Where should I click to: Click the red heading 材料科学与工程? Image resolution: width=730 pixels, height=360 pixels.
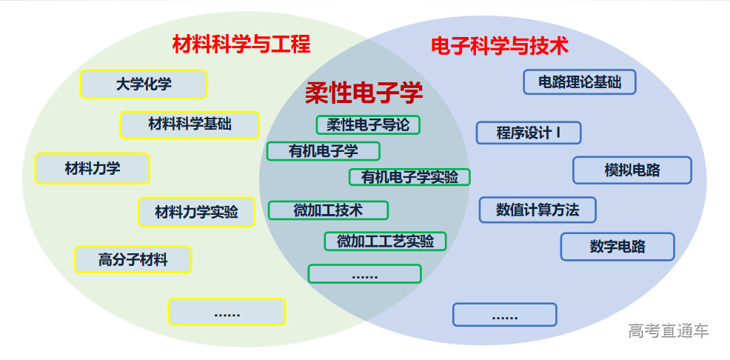tap(241, 44)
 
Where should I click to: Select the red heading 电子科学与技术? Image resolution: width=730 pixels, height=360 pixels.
tap(500, 46)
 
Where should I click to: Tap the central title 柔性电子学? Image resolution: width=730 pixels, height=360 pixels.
tap(364, 93)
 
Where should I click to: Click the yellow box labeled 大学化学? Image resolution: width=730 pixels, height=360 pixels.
tap(144, 84)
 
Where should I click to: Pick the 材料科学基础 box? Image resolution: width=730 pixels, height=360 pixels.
tap(190, 124)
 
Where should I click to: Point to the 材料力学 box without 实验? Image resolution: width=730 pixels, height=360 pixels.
tap(93, 168)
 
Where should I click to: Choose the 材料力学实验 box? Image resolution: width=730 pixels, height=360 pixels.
tap(196, 212)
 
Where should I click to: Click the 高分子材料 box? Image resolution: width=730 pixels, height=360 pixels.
tap(133, 259)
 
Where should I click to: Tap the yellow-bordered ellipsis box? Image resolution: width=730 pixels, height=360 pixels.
tap(227, 312)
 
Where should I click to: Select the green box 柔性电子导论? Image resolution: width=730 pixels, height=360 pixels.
tap(368, 124)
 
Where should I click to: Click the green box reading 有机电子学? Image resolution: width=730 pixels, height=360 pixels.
tap(324, 151)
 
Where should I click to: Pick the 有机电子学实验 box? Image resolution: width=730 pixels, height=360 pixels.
tap(409, 177)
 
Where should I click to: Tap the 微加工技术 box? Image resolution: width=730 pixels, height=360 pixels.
tap(328, 210)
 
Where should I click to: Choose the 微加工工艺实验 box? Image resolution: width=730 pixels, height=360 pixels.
tap(385, 241)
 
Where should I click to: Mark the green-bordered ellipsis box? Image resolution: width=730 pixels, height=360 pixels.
tap(364, 274)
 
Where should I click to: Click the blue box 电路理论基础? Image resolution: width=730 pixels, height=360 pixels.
tap(580, 81)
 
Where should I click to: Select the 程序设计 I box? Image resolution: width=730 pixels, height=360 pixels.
tap(529, 133)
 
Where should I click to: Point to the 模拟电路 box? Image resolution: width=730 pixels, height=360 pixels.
tap(632, 170)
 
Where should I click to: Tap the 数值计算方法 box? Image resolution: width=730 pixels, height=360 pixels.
tap(538, 210)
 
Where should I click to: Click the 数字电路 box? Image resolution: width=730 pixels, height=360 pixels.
tap(617, 247)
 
